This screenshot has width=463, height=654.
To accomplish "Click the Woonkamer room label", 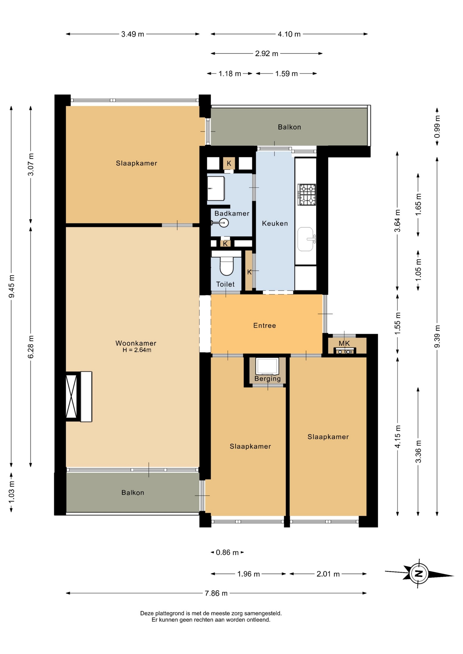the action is (x=136, y=343).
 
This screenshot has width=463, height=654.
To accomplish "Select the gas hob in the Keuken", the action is (x=307, y=194).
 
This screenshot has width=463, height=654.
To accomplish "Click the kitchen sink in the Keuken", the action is (x=306, y=239).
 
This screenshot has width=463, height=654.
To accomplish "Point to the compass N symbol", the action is (x=419, y=574).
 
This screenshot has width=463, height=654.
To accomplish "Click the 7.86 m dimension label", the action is (x=216, y=593).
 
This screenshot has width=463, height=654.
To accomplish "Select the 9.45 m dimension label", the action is (x=12, y=286).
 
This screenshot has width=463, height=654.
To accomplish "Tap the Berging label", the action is (x=268, y=378).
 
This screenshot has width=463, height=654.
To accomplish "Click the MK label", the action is (x=344, y=343).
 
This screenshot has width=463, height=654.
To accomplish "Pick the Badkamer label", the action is (x=232, y=213).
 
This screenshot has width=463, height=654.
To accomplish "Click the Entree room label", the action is (x=265, y=325).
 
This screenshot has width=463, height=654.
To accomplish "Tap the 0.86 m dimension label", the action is (x=227, y=552).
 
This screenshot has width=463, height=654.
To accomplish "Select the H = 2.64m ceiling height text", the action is (x=137, y=350).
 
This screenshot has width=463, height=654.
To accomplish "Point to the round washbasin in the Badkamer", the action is (x=223, y=223).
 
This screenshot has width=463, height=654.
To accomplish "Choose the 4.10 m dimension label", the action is (x=289, y=34).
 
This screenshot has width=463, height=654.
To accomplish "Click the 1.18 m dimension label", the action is (x=230, y=74).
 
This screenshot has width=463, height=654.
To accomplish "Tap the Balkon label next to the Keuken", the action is (x=289, y=127).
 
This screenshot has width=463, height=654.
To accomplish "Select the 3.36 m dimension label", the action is (x=418, y=451).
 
